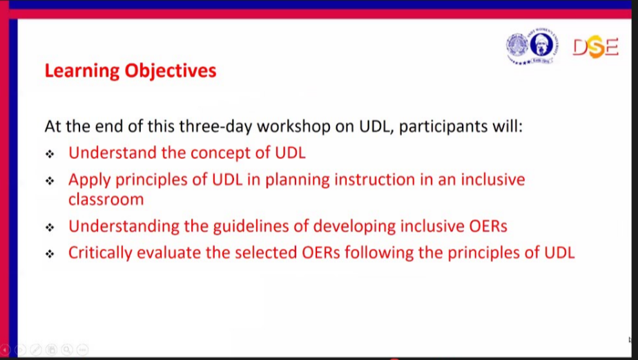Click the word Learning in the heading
coord(81,71)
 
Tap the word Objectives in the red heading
coord(171,71)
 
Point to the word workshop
coord(293,126)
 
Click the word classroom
coord(106,200)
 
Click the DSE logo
coord(596,47)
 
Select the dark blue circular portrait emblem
coord(541,45)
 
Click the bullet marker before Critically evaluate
coord(50,254)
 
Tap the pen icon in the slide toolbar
coord(36,350)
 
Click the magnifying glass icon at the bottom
coord(67,350)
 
